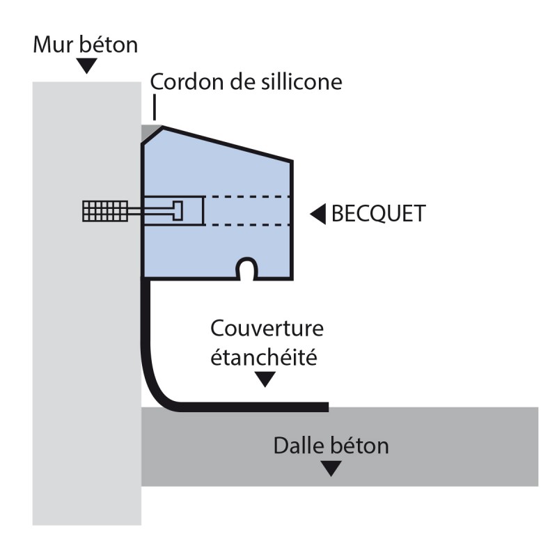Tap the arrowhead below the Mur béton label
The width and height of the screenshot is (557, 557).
[x=86, y=67]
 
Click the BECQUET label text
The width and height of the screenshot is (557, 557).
[x=378, y=214]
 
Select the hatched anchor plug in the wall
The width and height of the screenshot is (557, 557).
[x=104, y=211]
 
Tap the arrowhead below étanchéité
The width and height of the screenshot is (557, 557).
[x=265, y=380]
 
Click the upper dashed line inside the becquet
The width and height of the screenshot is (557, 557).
[x=247, y=198]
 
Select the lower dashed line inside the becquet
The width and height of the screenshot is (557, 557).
[x=247, y=225]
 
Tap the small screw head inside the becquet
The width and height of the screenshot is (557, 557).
[x=177, y=210]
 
